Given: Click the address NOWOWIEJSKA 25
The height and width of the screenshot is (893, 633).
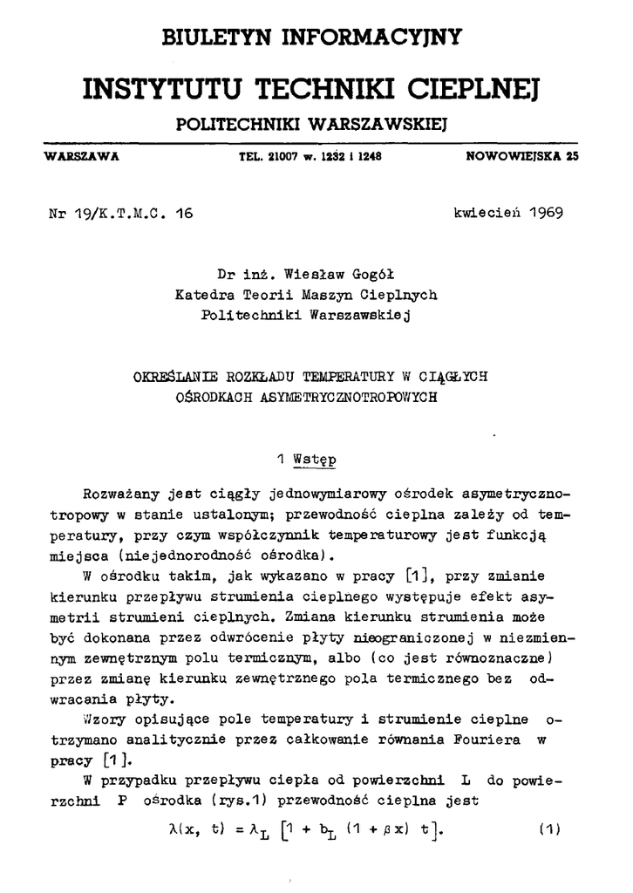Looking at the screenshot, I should [521, 158].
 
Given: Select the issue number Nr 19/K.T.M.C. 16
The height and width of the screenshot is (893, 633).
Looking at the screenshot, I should [121, 213].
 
